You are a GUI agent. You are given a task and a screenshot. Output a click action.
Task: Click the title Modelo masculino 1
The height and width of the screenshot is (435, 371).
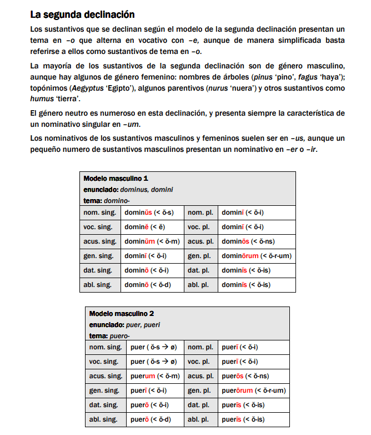point(116,179)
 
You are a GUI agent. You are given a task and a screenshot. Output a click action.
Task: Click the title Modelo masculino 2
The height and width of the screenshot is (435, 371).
point(122,313)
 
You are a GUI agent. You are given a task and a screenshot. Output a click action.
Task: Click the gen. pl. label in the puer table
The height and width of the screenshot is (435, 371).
point(200,390)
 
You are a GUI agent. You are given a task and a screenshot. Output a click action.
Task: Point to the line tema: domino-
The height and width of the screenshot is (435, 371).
point(106,200)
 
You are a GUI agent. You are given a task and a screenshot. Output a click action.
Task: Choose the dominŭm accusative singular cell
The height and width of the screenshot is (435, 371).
point(151,241)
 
